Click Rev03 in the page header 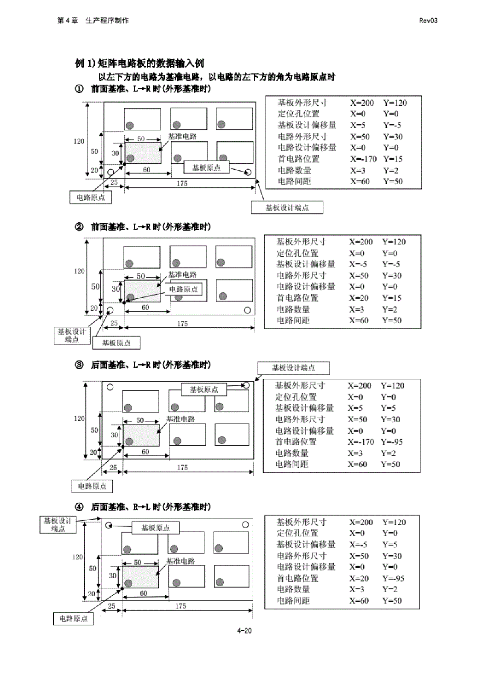[x=428, y=21]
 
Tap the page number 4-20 [x=244, y=631]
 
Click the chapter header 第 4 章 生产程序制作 [x=93, y=21]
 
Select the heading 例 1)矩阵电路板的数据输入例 [x=140, y=63]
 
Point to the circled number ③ [x=79, y=365]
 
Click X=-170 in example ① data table [x=363, y=159]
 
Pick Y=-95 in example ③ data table [x=391, y=442]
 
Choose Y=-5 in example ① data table [x=392, y=125]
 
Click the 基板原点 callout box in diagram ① [x=206, y=168]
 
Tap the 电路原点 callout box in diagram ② [x=183, y=289]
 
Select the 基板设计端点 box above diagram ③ [x=293, y=368]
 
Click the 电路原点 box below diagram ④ [x=73, y=619]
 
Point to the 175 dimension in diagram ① [x=182, y=184]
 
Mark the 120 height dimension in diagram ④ [x=78, y=557]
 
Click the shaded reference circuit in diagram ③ [x=141, y=435]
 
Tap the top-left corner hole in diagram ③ [x=110, y=387]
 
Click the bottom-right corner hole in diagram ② [x=247, y=310]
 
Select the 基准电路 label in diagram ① [x=182, y=137]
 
